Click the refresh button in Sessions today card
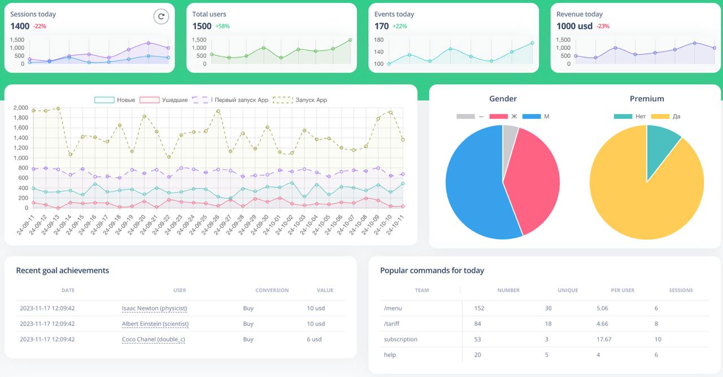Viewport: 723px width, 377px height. (x=161, y=16)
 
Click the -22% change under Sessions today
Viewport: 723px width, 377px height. (x=40, y=26)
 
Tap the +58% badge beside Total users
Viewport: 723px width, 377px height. (x=223, y=26)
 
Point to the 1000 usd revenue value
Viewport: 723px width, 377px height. (x=574, y=26)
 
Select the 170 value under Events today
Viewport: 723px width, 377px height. (x=381, y=26)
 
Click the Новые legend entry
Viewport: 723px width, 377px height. (x=115, y=100)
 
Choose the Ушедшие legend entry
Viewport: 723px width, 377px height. (x=164, y=100)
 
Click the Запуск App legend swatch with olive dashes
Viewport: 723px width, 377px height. (x=283, y=100)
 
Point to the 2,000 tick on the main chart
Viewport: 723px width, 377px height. (x=21, y=107)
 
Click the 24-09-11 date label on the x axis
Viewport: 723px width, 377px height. (x=25, y=225)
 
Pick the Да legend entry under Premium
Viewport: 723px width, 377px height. (x=665, y=116)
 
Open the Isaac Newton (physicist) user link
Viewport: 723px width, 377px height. (x=154, y=308)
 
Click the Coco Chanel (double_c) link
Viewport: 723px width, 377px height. (x=153, y=339)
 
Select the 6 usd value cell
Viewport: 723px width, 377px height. (x=314, y=339)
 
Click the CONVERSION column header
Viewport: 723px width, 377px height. (x=272, y=290)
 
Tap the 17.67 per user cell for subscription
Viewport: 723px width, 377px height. (x=604, y=339)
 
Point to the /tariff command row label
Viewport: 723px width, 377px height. (x=392, y=324)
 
